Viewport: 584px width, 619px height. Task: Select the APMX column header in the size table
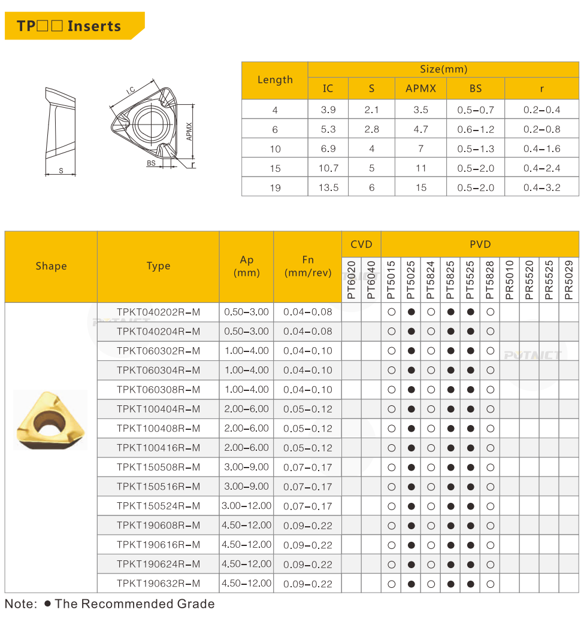tap(420, 89)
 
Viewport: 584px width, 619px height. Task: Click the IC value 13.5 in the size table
tap(328, 187)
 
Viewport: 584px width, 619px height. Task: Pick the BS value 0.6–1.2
tap(476, 129)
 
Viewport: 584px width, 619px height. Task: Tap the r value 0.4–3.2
tap(541, 187)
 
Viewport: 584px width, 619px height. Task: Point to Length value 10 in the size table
tap(275, 149)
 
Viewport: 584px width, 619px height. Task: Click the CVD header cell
tap(361, 244)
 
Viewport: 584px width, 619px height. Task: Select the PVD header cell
tap(480, 244)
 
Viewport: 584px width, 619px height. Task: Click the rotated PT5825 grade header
tap(450, 280)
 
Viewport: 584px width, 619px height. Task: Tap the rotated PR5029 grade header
tap(569, 280)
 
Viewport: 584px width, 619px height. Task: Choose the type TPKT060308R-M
tap(158, 390)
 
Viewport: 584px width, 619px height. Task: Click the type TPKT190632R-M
tap(158, 584)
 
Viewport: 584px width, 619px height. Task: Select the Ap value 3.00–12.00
tap(246, 506)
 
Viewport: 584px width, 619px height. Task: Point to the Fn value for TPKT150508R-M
tap(307, 467)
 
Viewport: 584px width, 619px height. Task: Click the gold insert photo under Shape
tap(50, 420)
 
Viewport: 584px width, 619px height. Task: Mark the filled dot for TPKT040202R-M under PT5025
tap(411, 312)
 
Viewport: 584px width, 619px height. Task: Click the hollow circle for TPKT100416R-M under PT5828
tap(490, 448)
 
